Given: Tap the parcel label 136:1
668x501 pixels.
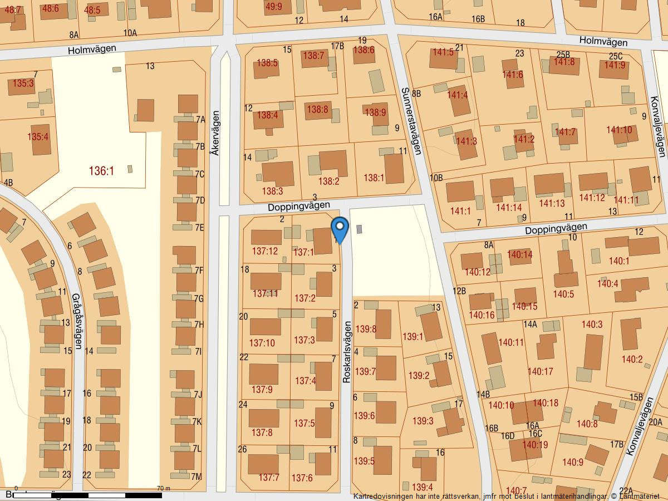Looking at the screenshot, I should [x=101, y=171].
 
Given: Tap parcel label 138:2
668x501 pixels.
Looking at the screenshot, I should [x=328, y=181].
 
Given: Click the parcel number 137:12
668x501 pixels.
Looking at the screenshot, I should [x=264, y=251].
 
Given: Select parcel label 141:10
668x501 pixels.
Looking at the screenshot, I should [x=619, y=130].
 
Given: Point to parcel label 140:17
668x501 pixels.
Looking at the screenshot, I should [x=540, y=371].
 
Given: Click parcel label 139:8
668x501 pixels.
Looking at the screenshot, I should [x=366, y=329].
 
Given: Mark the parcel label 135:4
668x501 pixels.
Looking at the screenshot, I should [x=38, y=136].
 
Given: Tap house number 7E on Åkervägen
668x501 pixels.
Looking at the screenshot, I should [x=200, y=227].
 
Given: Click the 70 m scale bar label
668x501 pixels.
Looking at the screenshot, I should [x=164, y=488].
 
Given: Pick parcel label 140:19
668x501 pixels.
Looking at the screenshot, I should [x=535, y=445].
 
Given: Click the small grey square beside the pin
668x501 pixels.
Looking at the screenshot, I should [x=359, y=229].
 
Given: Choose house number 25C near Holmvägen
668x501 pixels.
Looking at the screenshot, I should [x=616, y=56].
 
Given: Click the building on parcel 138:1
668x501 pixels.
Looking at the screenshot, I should [x=394, y=168].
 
